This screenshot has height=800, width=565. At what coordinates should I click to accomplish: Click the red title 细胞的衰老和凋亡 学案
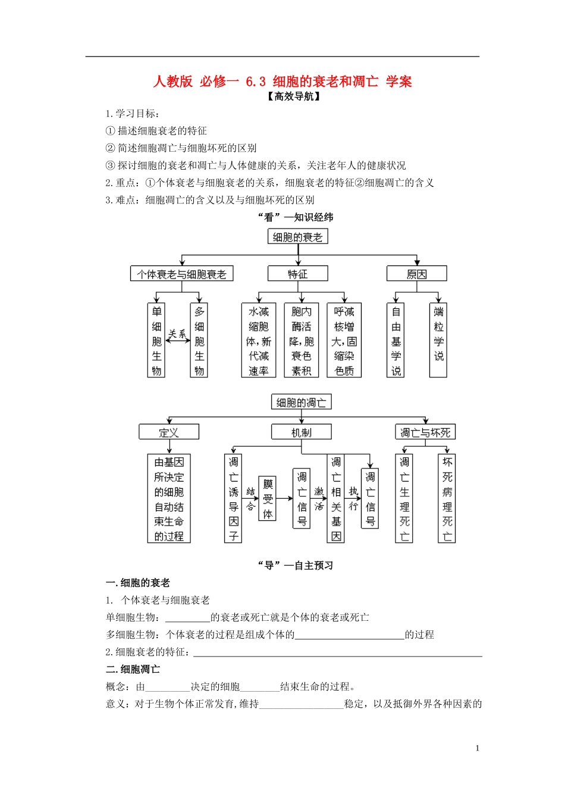click(282, 82)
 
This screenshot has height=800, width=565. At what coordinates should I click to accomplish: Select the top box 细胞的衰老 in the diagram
click(297, 237)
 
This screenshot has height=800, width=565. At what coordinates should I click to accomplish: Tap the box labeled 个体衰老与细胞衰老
click(181, 274)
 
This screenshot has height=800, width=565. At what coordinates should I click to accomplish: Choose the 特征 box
click(297, 274)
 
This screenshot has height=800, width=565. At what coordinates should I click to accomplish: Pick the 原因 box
click(416, 274)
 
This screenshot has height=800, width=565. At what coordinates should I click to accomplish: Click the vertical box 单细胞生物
click(156, 340)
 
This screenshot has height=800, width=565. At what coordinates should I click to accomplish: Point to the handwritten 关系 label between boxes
click(177, 334)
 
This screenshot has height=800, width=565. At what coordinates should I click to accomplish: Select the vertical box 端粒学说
click(438, 340)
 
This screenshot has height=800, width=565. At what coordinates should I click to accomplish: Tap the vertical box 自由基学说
click(396, 340)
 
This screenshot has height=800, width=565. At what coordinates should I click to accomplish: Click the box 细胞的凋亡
click(301, 402)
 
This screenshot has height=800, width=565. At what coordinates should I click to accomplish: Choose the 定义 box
click(169, 432)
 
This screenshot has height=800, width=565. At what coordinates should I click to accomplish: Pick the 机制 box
click(301, 432)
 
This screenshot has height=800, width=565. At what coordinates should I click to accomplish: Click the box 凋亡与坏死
click(425, 432)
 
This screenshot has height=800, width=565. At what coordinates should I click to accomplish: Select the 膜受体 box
click(268, 499)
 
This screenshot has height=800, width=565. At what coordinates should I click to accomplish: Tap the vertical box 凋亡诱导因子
click(233, 499)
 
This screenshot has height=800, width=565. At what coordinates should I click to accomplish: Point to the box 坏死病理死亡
click(447, 499)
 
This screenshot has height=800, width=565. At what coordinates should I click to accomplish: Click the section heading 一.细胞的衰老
click(138, 583)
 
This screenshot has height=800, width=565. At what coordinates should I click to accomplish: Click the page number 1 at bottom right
click(477, 748)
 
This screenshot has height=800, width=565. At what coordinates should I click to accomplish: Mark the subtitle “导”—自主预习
click(295, 565)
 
